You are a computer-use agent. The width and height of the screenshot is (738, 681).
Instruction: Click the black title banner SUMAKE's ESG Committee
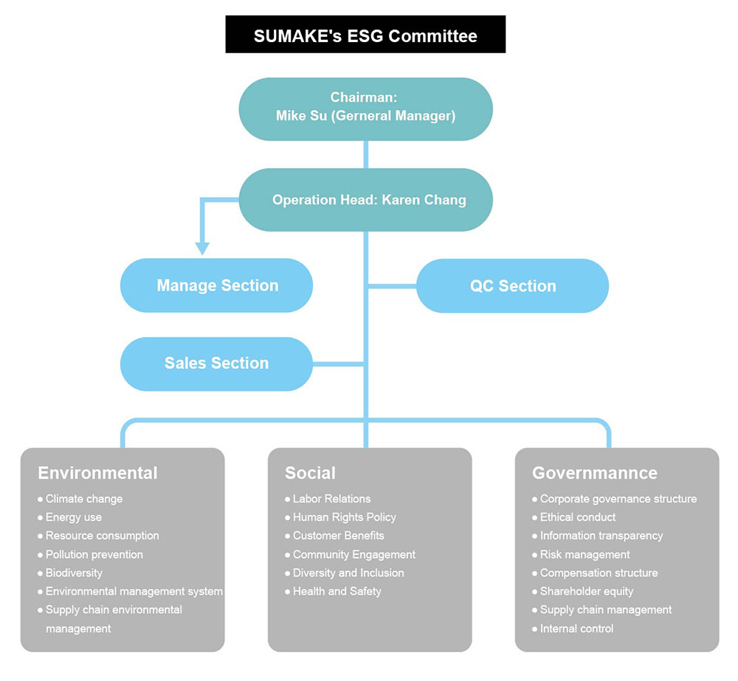[x=365, y=35]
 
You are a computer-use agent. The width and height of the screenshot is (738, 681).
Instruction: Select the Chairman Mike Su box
[x=365, y=108]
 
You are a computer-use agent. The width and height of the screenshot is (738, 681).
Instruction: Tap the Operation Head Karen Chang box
[x=365, y=200]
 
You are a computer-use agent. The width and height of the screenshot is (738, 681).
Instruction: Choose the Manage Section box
[x=217, y=286]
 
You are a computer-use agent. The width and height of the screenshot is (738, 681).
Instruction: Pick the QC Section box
[x=513, y=286]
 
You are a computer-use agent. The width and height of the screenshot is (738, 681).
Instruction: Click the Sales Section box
[x=216, y=363]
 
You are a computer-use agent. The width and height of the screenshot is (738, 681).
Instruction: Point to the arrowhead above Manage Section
[x=202, y=248]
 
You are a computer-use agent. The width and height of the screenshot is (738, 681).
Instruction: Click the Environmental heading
[x=97, y=473]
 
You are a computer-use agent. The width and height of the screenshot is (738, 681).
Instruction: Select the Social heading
[x=310, y=473]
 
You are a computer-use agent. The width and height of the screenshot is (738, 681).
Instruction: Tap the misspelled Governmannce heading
[x=594, y=473]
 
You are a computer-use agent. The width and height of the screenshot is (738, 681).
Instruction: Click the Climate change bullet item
[x=83, y=499]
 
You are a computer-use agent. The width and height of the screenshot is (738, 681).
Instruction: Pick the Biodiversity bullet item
[x=74, y=573]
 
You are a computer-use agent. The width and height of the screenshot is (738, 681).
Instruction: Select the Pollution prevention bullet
[x=94, y=554]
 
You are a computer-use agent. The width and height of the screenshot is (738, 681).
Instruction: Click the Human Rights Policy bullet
[x=344, y=517]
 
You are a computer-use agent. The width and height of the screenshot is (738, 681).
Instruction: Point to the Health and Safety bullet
[x=337, y=591]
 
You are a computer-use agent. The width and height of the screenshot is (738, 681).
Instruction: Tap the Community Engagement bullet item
[x=354, y=554]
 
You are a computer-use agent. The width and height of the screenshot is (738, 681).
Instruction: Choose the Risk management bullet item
[x=584, y=554]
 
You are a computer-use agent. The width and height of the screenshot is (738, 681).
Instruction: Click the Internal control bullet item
[x=576, y=629]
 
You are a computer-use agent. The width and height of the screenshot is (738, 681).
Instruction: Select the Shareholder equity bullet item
[x=586, y=591]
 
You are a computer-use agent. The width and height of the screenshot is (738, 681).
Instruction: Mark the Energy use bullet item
[x=73, y=517]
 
